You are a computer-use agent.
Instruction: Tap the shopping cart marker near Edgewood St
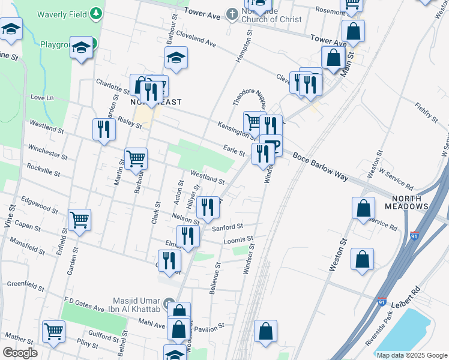tap(80, 220)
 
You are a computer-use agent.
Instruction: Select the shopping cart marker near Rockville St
tap(136, 159)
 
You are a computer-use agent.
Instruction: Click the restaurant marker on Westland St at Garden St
tap(104, 130)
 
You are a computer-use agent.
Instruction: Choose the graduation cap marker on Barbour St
tap(176, 58)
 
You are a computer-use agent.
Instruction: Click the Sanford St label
tap(227, 227)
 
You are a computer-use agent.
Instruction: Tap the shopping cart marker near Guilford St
tap(54, 331)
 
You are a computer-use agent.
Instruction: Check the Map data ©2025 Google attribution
tap(411, 355)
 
